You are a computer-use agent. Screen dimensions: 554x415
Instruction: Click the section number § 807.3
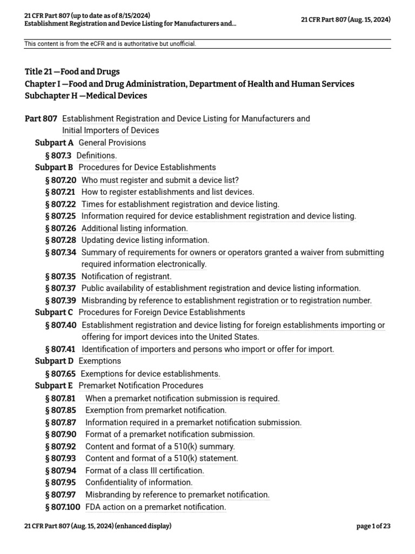[x=58, y=155]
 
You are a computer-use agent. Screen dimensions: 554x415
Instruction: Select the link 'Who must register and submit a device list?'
[x=160, y=180]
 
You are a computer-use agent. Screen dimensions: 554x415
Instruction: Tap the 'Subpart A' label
[x=54, y=143]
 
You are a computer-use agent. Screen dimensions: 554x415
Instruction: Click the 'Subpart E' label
[x=54, y=386]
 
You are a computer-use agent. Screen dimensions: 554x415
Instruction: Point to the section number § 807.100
[x=63, y=507]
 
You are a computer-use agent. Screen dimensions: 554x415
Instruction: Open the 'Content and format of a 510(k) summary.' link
[x=160, y=446]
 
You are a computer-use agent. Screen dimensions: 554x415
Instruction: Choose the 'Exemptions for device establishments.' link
[x=150, y=374]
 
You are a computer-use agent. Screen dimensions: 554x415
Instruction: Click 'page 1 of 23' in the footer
[x=373, y=526]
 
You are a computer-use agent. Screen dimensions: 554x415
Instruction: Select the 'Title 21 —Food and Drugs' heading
[x=72, y=71]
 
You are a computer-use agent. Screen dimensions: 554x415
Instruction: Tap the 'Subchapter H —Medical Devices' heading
[x=86, y=96]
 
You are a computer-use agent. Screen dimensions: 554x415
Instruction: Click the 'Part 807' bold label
[x=41, y=118]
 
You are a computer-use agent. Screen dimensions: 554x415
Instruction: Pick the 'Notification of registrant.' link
[x=126, y=276]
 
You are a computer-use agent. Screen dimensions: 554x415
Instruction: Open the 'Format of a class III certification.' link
[x=145, y=471]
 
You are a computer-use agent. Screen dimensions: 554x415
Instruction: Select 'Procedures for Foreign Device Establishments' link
[x=162, y=312]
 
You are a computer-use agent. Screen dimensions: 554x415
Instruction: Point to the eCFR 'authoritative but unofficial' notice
[x=110, y=44]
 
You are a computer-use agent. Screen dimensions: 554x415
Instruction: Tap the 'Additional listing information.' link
[x=135, y=228]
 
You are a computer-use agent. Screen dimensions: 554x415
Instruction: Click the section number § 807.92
[x=61, y=446]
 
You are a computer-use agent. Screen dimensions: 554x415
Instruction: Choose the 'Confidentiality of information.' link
[x=139, y=483]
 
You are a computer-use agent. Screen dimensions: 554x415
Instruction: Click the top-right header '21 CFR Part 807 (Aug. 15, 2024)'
[x=346, y=19]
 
